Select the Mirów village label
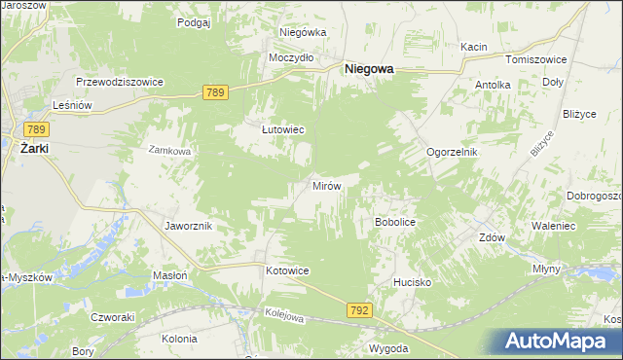point(325,185)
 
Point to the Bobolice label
point(395,222)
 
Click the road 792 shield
point(358,309)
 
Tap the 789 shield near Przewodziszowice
point(216,91)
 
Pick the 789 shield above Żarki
point(37,128)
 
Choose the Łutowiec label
point(283,128)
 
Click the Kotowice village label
point(287,270)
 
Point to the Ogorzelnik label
point(453,153)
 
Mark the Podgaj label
point(195,21)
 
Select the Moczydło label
point(291,57)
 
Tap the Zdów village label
point(491,236)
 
